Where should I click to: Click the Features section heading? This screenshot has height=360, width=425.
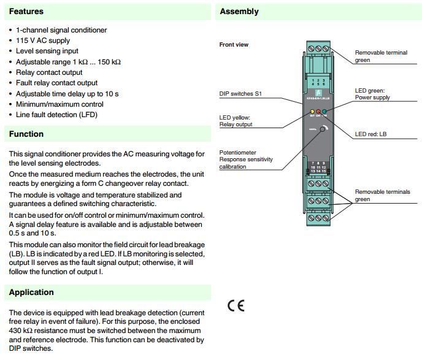coord(26,11)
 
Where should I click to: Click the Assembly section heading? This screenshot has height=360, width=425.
coord(239,11)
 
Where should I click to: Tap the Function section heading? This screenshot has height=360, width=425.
coord(26,134)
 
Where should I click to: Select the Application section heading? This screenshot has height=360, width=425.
coord(31,293)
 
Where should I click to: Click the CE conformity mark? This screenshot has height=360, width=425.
coord(235,306)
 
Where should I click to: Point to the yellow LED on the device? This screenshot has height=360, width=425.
coord(312,111)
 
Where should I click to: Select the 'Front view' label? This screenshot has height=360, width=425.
coord(234,45)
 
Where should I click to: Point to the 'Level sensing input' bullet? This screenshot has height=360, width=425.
coord(47,52)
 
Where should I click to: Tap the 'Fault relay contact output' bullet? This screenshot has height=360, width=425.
coord(56,83)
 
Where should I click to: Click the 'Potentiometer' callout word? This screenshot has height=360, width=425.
coord(237,152)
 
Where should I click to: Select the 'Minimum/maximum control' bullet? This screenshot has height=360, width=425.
coord(56,104)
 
